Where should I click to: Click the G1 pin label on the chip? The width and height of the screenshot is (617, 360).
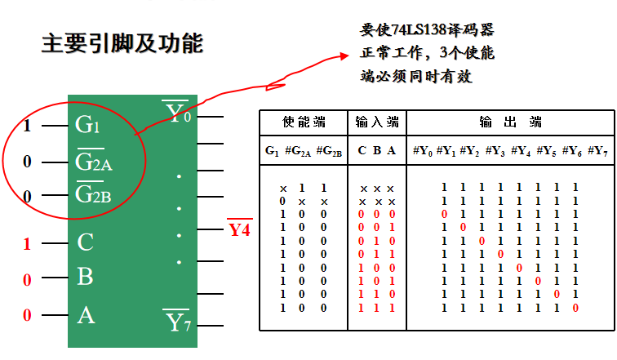coord(87,126)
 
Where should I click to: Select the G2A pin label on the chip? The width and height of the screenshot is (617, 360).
coord(94,162)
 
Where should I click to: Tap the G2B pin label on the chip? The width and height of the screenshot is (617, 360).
coord(94,196)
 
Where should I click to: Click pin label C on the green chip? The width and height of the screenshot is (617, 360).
coord(86,242)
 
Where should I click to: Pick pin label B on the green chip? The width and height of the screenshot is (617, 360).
coord(86,278)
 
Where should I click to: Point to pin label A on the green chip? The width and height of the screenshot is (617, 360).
coord(86,314)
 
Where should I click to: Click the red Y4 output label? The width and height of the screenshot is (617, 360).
coord(239,229)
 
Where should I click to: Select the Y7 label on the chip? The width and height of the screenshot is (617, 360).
coord(178,322)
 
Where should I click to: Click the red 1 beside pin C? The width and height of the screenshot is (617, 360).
coord(27,243)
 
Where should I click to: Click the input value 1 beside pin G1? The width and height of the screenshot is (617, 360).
coord(27,126)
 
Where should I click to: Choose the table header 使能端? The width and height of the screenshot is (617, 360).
coord(304,122)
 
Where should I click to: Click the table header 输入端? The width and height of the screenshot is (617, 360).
coord(377,122)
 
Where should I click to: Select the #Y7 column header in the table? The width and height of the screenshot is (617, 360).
coord(598,151)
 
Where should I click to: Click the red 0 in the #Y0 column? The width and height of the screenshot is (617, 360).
coord(444,214)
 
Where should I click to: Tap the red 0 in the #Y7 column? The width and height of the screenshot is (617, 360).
coord(575,308)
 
